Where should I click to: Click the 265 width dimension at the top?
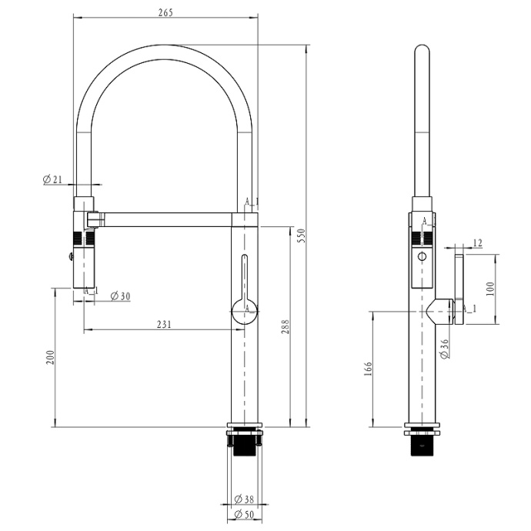point(165,12)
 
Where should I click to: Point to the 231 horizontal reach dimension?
point(164,324)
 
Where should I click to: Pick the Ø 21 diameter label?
point(52,179)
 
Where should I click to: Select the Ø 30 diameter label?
point(119,296)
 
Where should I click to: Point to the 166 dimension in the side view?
point(369,369)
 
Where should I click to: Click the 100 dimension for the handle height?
point(489,289)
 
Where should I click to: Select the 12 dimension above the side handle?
point(477,243)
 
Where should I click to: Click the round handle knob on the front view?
point(245,311)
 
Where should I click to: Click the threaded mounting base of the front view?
point(245,444)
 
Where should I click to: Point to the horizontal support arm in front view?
point(165,220)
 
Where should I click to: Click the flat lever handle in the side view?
point(461,289)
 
